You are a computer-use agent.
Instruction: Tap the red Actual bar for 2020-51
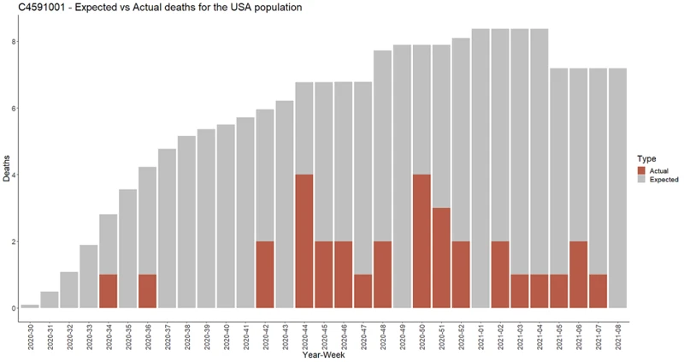point(440,258)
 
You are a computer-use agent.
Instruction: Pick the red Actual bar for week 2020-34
point(108,291)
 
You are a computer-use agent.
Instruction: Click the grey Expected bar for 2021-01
point(480,171)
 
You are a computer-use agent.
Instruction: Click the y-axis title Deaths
point(7,175)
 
